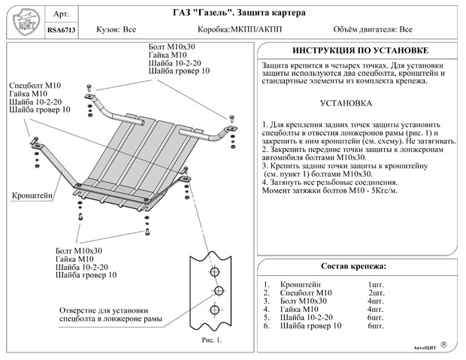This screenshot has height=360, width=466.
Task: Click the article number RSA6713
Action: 62,30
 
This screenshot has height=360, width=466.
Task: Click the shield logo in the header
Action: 26,22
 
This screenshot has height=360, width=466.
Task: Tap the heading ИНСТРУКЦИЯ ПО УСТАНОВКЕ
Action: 361,50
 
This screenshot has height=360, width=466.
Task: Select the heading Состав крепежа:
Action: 354,266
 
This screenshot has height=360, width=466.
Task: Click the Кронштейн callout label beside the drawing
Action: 32,195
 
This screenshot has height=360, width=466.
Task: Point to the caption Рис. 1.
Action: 212,340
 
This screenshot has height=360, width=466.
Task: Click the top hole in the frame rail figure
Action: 214,271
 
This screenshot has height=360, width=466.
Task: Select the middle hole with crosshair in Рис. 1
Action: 219,290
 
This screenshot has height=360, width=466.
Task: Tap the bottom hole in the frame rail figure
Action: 214,310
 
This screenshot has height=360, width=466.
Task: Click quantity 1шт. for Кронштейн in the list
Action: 376,285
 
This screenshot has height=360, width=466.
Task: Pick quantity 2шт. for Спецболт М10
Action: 377,293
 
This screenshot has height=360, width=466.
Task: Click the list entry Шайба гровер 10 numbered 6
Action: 310,326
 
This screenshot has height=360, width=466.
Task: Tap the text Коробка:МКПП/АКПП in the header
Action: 240,30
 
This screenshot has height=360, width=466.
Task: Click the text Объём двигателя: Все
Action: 373,29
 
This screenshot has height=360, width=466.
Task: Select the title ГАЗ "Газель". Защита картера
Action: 239,13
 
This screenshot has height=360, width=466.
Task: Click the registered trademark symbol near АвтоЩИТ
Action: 443,344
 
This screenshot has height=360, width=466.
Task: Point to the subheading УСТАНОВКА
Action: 346,104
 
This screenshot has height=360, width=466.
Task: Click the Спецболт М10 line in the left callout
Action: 35,86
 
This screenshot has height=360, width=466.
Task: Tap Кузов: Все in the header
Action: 116,30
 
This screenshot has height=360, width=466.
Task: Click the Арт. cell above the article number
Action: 61,14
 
